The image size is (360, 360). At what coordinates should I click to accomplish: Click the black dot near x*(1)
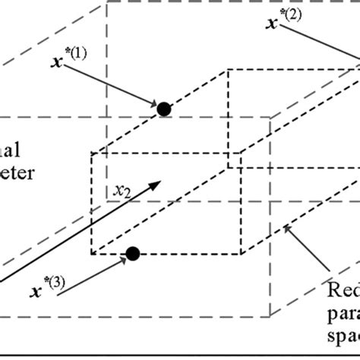163,109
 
